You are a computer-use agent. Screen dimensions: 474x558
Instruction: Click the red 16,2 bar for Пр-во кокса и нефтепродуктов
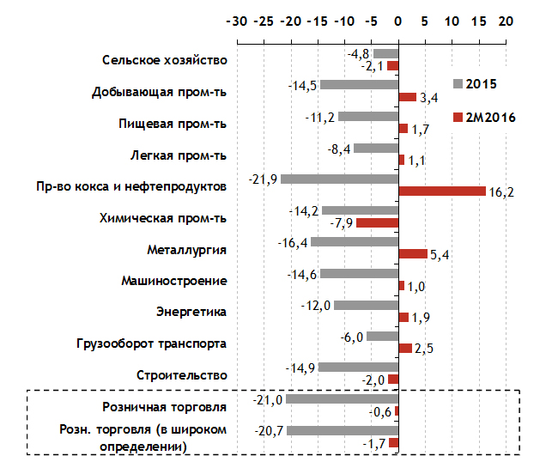(442, 191)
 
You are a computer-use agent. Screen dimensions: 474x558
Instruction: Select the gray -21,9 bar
(339, 179)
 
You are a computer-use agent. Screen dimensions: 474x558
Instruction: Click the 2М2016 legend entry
(484, 117)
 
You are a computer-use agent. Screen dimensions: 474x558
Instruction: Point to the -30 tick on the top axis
(235, 20)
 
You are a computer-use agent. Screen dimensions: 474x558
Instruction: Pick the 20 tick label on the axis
(506, 20)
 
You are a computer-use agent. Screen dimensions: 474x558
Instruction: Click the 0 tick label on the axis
(398, 20)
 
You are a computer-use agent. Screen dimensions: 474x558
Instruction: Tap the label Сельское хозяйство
(164, 60)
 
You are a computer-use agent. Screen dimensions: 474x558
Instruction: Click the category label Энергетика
(191, 313)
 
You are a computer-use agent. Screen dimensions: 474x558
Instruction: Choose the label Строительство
(182, 375)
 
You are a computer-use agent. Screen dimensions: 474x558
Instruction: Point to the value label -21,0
(268, 399)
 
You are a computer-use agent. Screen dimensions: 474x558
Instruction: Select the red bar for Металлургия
(413, 254)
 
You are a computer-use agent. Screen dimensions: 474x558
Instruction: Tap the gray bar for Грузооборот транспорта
(382, 337)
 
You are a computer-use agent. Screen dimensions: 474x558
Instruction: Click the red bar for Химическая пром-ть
(377, 223)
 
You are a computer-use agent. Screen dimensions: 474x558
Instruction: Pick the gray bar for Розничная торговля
(342, 399)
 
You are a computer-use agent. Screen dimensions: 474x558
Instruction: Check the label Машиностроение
(174, 281)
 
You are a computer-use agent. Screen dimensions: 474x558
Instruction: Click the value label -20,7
(270, 430)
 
